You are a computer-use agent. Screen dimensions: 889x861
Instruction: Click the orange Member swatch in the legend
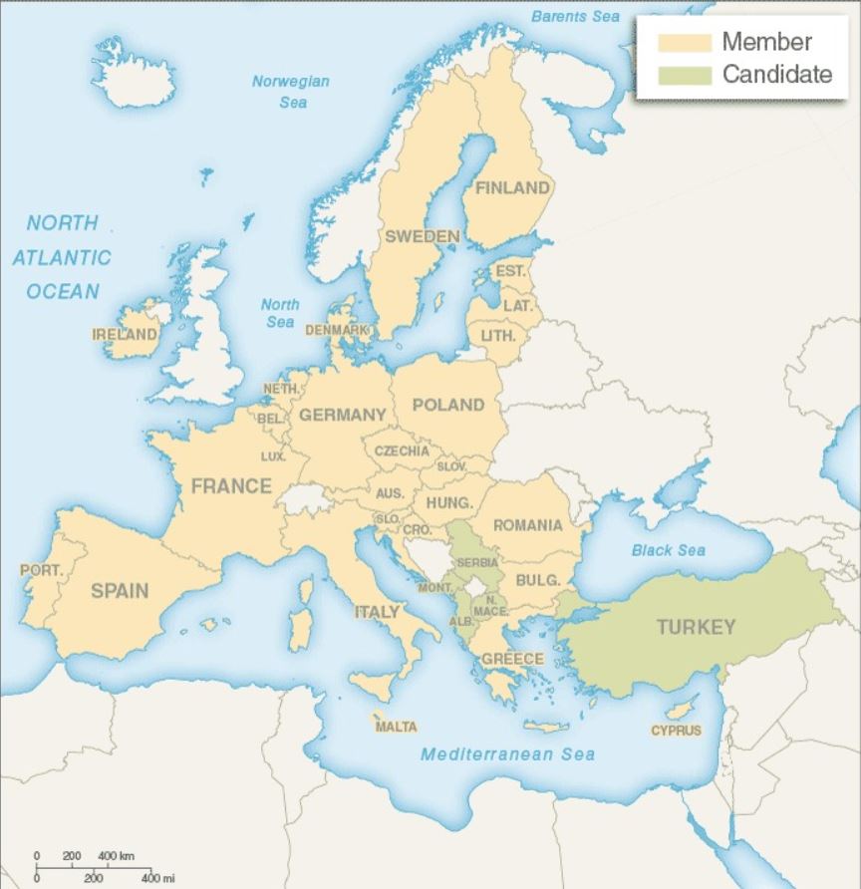684,43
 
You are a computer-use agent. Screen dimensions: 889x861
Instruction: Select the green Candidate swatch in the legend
684,75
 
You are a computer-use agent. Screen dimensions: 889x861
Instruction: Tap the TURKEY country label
696,627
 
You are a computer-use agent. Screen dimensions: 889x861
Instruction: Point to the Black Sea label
668,550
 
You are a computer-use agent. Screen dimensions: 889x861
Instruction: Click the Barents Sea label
575,17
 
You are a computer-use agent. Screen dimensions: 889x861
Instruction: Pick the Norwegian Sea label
290,92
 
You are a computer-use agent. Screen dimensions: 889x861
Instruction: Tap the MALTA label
396,727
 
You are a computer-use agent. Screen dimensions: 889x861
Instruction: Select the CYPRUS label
677,731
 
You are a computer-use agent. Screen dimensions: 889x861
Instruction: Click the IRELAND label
125,334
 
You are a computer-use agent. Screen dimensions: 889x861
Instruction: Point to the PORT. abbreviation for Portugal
41,571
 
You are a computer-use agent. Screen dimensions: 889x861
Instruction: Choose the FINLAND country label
512,187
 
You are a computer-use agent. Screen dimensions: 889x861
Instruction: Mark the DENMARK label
337,329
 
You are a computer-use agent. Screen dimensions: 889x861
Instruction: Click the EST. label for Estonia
510,271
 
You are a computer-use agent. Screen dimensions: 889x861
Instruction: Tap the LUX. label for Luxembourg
273,456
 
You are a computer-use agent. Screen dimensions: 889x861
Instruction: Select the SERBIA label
477,563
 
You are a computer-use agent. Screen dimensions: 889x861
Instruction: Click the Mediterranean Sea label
507,754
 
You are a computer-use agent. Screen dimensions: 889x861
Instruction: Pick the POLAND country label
447,405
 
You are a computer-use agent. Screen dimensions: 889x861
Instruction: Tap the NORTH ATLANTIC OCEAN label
62,257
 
